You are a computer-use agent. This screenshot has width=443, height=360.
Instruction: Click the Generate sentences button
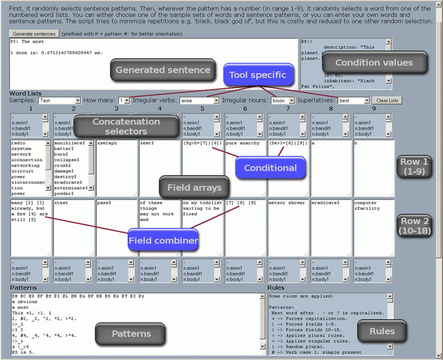coord(33,32)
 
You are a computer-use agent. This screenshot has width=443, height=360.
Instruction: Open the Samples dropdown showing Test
coord(59,100)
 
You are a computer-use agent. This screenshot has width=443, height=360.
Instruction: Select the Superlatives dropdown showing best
coord(353,100)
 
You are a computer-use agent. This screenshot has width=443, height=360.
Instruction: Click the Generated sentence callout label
coord(163,70)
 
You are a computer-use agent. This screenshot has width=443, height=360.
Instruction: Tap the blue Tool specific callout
coord(258,75)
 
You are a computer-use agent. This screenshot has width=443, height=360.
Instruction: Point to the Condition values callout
coord(374,62)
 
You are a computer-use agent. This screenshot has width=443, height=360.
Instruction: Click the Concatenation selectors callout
coord(126,127)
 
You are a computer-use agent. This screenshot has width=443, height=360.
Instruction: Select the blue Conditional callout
coord(270,168)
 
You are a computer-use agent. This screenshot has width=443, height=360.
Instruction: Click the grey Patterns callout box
coord(132,334)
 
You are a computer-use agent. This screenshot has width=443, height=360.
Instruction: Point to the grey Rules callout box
coord(382,332)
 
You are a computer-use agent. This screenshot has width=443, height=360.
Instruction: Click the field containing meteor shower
coord(287,225)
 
